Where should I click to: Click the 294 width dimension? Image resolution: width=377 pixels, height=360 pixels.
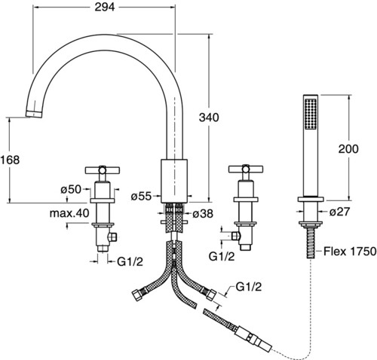105,7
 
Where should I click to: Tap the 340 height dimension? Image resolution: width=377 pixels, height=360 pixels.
209,117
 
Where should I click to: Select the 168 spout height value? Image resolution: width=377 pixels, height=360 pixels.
10,160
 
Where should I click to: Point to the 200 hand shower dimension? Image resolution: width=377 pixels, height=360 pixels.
348,149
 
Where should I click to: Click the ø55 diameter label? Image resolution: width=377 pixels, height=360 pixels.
142,197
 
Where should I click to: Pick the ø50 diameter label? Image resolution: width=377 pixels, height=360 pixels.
71,189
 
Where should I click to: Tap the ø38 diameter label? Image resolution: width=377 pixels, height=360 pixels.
203,214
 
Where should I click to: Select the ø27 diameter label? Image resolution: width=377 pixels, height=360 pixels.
339,212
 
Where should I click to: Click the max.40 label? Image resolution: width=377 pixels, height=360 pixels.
69,213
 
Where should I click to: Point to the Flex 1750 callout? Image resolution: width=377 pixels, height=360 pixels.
350,251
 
